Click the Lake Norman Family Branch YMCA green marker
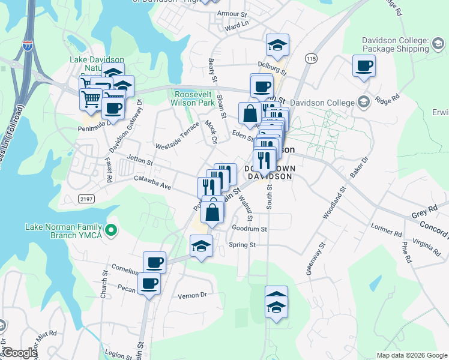(x=110, y=230)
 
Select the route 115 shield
(x=310, y=58)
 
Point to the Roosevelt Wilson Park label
(x=194, y=98)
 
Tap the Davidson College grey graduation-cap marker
(x=363, y=103)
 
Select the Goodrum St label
(x=249, y=229)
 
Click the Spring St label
(x=243, y=245)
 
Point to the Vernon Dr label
(x=192, y=295)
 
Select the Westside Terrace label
(x=176, y=138)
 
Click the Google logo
(x=19, y=353)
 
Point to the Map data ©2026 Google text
(x=411, y=355)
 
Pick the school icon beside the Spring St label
(x=202, y=245)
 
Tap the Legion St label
(x=116, y=354)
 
